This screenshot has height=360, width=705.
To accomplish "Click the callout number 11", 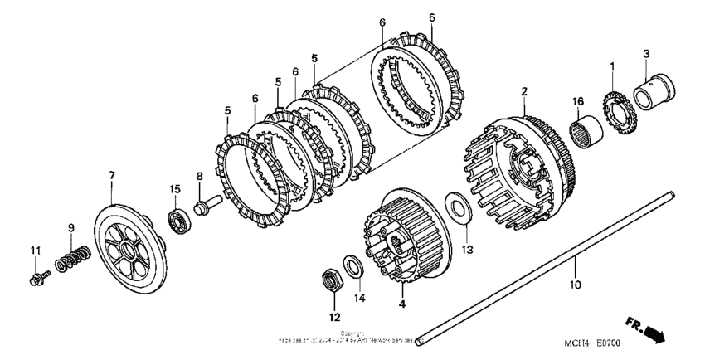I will coord(36,250).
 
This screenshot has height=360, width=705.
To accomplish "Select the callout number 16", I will coord(579,100).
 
